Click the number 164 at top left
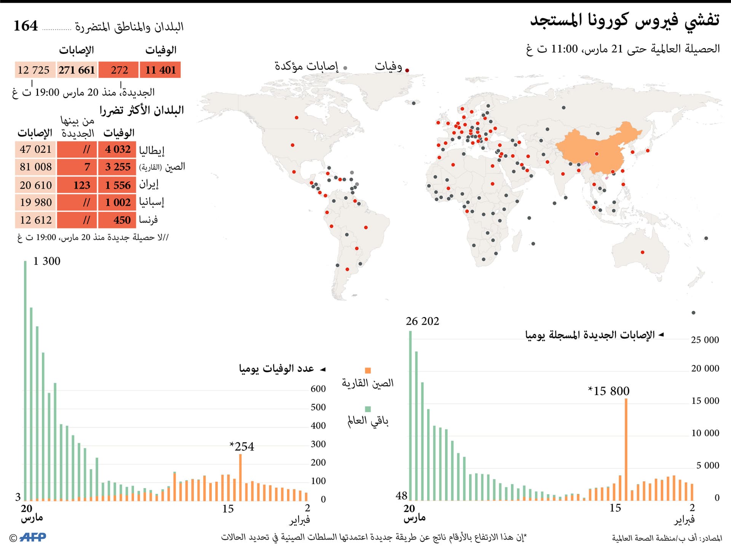pos(26,26)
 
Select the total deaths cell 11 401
pos(160,70)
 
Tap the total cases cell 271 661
pos(77,70)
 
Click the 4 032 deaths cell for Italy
pos(117,149)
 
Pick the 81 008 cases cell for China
pos(35,167)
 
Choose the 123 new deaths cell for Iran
pos(78,185)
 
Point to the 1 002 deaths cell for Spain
pos(117,202)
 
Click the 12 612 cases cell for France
pos(35,220)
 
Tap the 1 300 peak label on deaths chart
pos(46,261)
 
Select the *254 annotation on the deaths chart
pos(242,446)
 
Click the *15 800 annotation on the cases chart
pos(609,391)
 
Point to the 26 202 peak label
pos(422,321)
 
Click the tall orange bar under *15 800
pos(626,450)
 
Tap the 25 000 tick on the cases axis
pos(705,340)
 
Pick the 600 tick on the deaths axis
pos(318,389)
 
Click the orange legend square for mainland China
pos(368,370)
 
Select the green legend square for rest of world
pos(368,409)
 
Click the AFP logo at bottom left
pos(32,537)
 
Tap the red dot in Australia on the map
pos(643,252)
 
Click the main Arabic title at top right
pos(624,20)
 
